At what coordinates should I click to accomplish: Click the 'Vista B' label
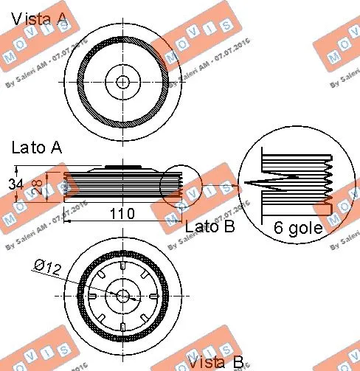(x=215, y=361)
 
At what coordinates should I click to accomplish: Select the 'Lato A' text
(x=35, y=148)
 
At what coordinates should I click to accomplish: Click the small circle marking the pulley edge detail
(x=181, y=185)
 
